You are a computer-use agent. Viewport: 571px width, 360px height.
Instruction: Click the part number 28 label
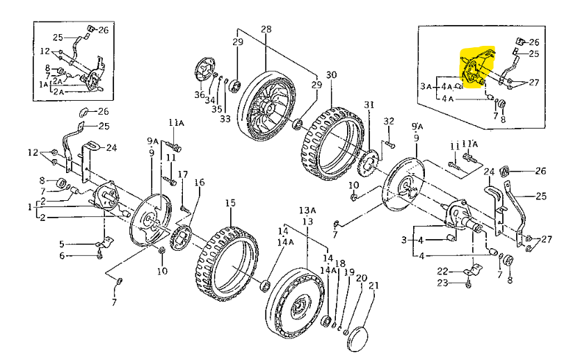tap(266, 29)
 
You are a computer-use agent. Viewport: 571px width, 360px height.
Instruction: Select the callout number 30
tap(331, 74)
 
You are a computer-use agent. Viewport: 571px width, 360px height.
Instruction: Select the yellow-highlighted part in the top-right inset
tap(476, 68)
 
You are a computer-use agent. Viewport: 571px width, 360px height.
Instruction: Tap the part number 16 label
tap(200, 182)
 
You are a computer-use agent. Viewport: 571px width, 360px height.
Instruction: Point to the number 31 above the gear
tap(369, 105)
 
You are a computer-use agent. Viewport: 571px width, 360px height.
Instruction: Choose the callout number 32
tap(389, 121)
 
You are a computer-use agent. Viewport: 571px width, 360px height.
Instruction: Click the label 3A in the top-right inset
tap(426, 85)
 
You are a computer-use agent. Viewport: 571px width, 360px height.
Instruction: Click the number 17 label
tap(183, 174)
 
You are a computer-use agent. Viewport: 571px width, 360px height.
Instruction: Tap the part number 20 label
tap(361, 277)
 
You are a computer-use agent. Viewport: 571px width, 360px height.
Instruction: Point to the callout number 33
tap(225, 119)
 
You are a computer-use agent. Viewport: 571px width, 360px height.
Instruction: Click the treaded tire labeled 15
tap(226, 261)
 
